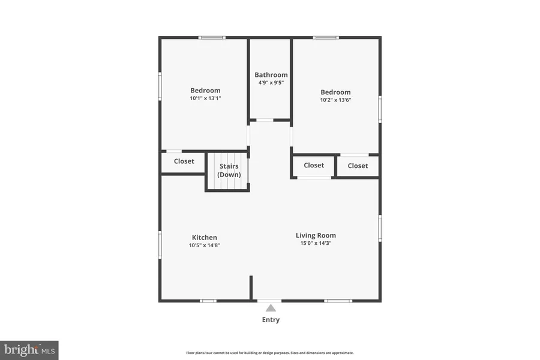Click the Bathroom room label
coord(271,75)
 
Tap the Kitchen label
coord(204,238)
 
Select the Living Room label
coord(316,235)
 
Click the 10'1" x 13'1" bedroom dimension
coord(205,98)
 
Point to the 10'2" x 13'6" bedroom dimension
coord(335,100)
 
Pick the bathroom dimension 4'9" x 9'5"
coord(271,83)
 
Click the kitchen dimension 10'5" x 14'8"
coord(204,245)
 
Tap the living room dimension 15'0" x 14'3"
coord(316,243)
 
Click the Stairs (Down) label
coord(229,170)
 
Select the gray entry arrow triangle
coord(271,308)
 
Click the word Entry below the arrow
coord(271,320)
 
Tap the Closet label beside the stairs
coord(184,161)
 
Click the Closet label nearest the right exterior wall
coord(358,166)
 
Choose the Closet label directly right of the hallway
coord(314,166)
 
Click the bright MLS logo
coord(29,350)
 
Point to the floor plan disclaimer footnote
coord(269,353)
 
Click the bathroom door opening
coord(265,120)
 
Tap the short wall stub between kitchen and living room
coord(251,287)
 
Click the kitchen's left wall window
coord(160,245)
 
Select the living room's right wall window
coord(380,228)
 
